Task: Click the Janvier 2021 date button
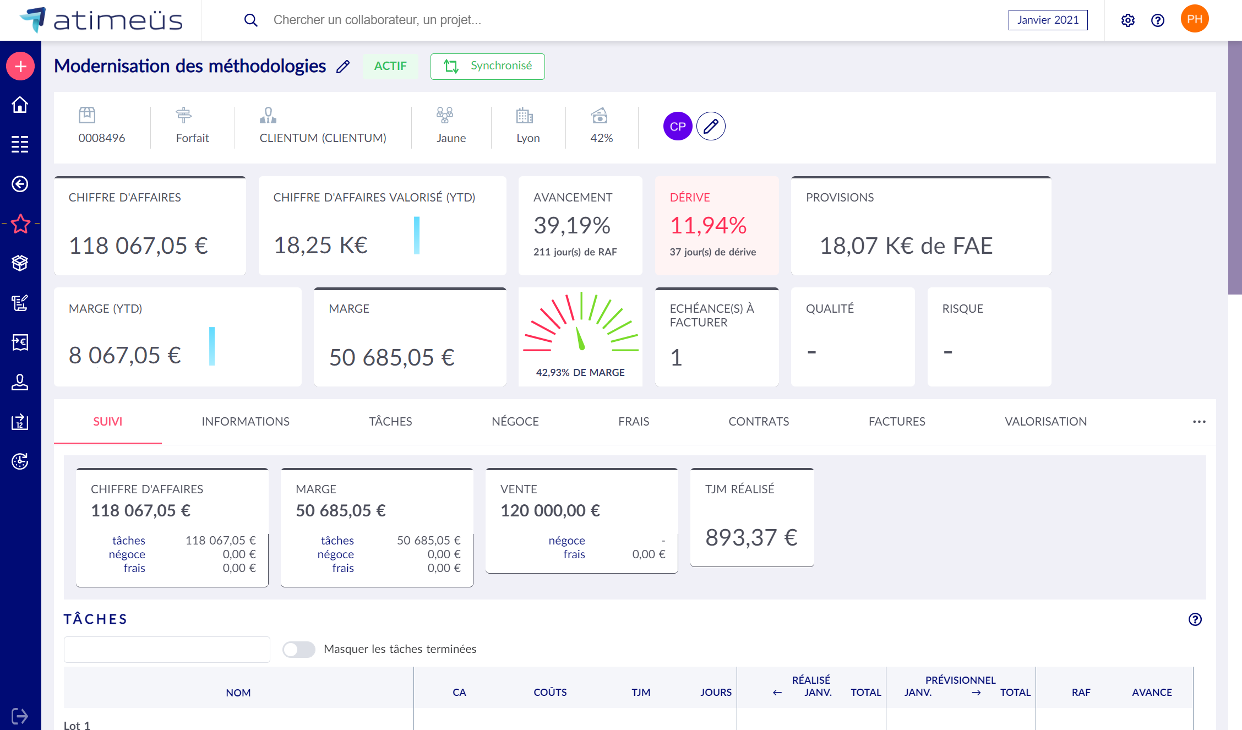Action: coord(1048,20)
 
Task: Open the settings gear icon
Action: coord(1127,20)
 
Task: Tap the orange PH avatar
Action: coord(1194,19)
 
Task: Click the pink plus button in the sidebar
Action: coord(20,67)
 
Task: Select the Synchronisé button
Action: coord(487,66)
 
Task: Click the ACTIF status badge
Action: coord(390,66)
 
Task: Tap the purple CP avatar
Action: coord(677,127)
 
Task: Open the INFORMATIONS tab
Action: coord(246,422)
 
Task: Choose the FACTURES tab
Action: coord(897,422)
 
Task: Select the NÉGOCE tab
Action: coord(515,422)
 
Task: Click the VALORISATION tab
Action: coord(1045,422)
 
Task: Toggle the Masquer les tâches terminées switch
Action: coord(298,650)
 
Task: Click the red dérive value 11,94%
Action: coord(708,225)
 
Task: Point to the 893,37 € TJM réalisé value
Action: coord(751,537)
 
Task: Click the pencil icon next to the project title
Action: coord(343,67)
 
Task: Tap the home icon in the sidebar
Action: coord(20,105)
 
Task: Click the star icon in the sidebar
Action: coord(20,224)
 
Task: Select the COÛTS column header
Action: coord(550,693)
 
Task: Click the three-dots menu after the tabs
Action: coord(1199,422)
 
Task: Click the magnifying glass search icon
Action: coord(250,20)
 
